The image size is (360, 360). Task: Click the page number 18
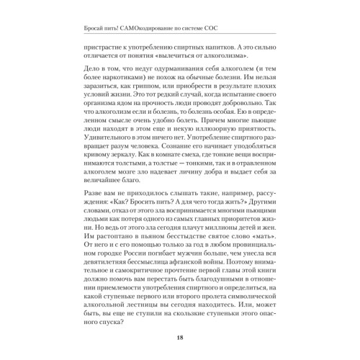pos(179,340)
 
